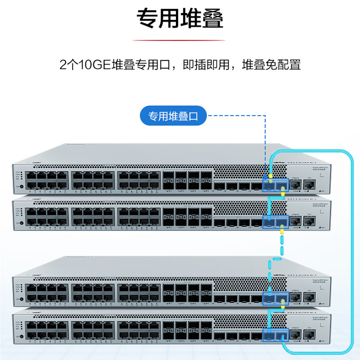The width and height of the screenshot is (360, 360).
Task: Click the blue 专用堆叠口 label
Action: click(173, 117)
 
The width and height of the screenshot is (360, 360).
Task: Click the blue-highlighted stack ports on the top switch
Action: click(274, 184)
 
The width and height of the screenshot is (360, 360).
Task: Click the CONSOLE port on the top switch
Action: click(296, 184)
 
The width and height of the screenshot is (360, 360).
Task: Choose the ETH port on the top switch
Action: click(309, 184)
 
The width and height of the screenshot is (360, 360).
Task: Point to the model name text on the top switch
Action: click(315, 167)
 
